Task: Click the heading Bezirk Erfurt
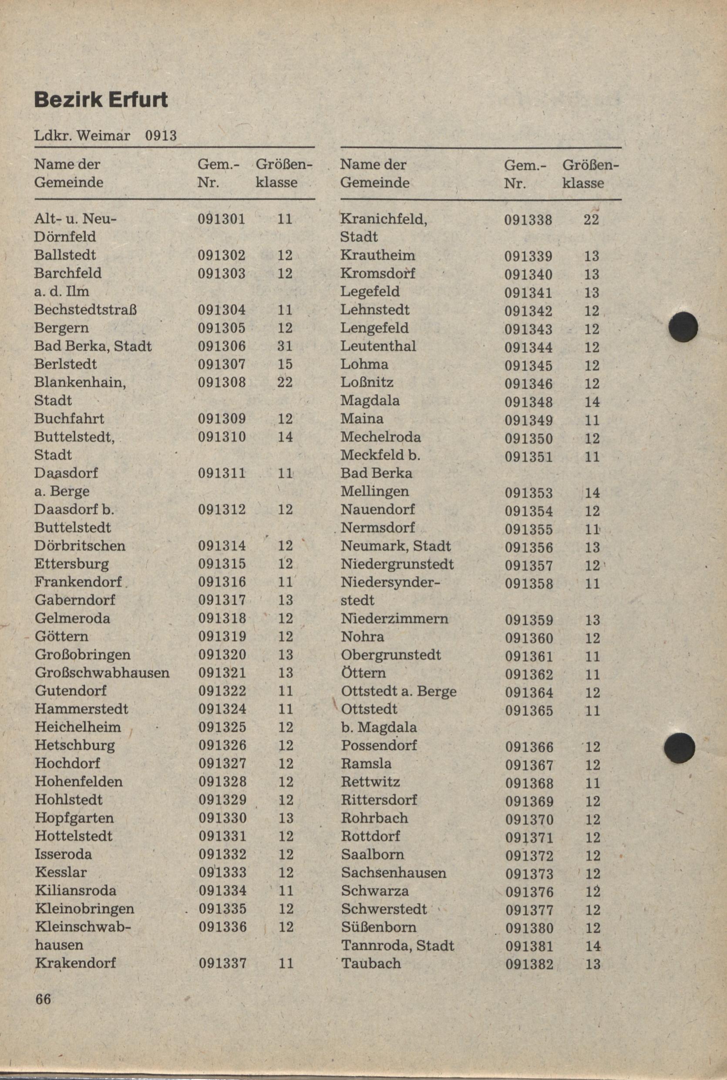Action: pyautogui.click(x=101, y=100)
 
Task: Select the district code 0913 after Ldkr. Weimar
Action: pyautogui.click(x=161, y=135)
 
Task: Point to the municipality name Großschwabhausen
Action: pyautogui.click(x=102, y=672)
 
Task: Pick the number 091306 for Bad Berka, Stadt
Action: pyautogui.click(x=222, y=346)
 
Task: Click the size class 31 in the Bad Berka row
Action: pyautogui.click(x=285, y=346)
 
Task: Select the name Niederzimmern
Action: pyautogui.click(x=394, y=618)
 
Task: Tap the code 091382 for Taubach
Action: pyautogui.click(x=529, y=964)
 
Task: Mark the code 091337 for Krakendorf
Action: pyautogui.click(x=222, y=963)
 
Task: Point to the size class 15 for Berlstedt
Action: pyautogui.click(x=285, y=364)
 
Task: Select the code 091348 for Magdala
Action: pyautogui.click(x=528, y=402)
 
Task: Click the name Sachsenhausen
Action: pyautogui.click(x=394, y=873)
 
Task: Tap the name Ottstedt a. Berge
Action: pyautogui.click(x=399, y=691)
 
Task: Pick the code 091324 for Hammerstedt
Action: pyautogui.click(x=222, y=709)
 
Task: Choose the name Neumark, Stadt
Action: pyautogui.click(x=395, y=545)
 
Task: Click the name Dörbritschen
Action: pyautogui.click(x=80, y=545)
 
